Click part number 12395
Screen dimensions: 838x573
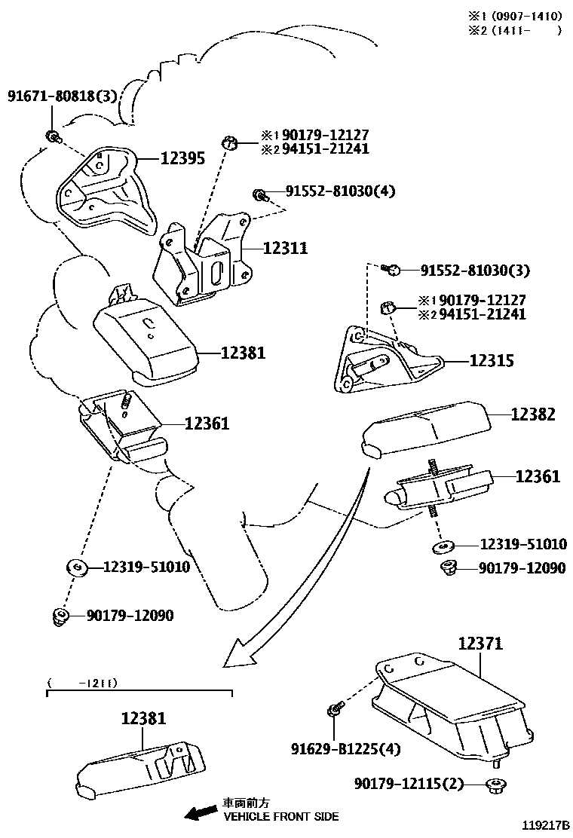(x=183, y=159)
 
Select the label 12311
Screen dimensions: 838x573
(x=285, y=247)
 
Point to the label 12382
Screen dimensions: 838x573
(x=533, y=414)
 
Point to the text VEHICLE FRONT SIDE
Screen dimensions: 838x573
(x=280, y=816)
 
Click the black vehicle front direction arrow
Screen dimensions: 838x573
(x=201, y=812)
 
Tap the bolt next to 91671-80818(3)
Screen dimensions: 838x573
(x=53, y=136)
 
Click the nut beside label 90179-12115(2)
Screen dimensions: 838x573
(x=495, y=785)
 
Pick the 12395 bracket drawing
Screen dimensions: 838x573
(x=106, y=188)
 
